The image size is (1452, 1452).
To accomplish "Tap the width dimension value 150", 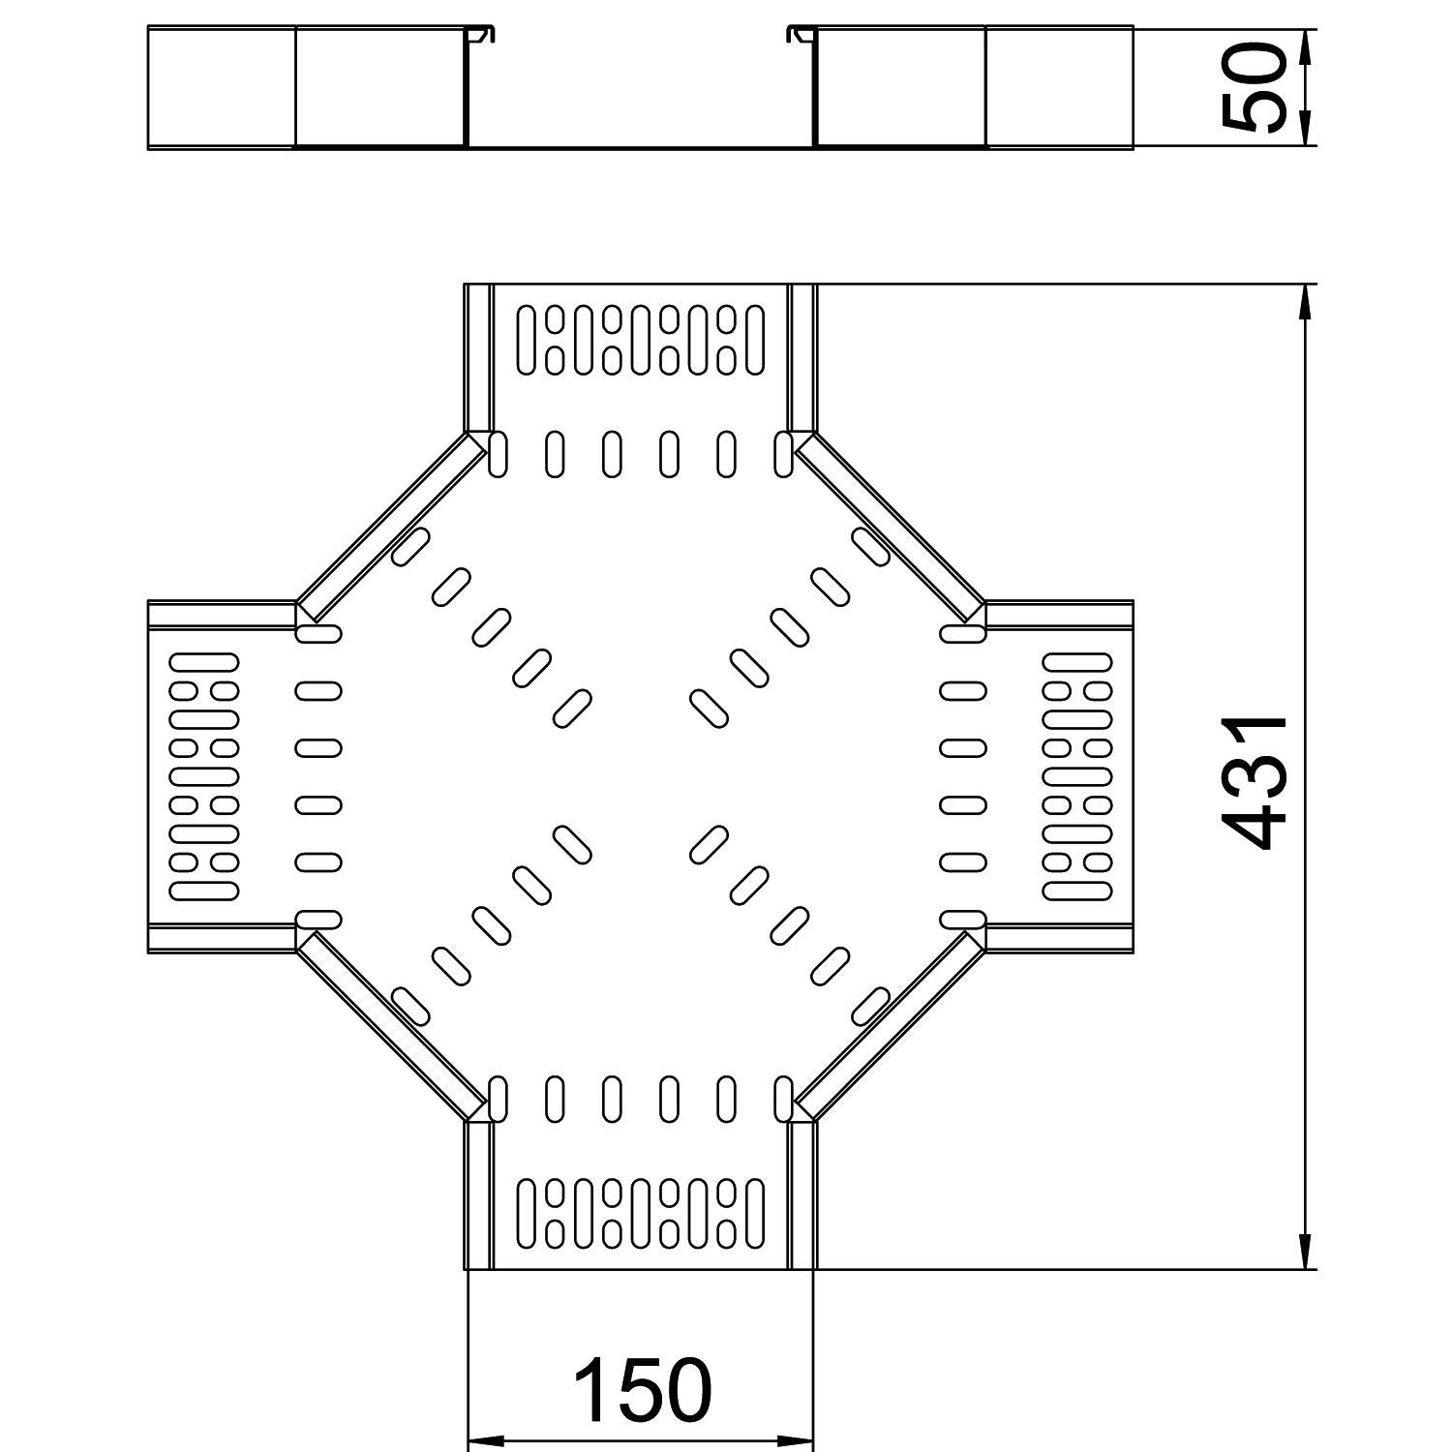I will coord(642,1391).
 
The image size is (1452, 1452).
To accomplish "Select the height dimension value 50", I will coord(1255,87).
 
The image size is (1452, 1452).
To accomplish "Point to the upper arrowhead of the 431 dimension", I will coord(1305,301).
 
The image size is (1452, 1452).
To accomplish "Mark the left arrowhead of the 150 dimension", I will coord(484,1439).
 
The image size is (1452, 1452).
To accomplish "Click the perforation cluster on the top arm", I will coord(641,340).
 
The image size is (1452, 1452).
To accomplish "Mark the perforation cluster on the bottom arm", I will coord(641,1212).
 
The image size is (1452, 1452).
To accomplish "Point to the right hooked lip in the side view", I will coord(800,35).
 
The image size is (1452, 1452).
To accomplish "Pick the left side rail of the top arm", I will coord(478,358).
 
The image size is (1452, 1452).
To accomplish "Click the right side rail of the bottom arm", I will coord(802,1195).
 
